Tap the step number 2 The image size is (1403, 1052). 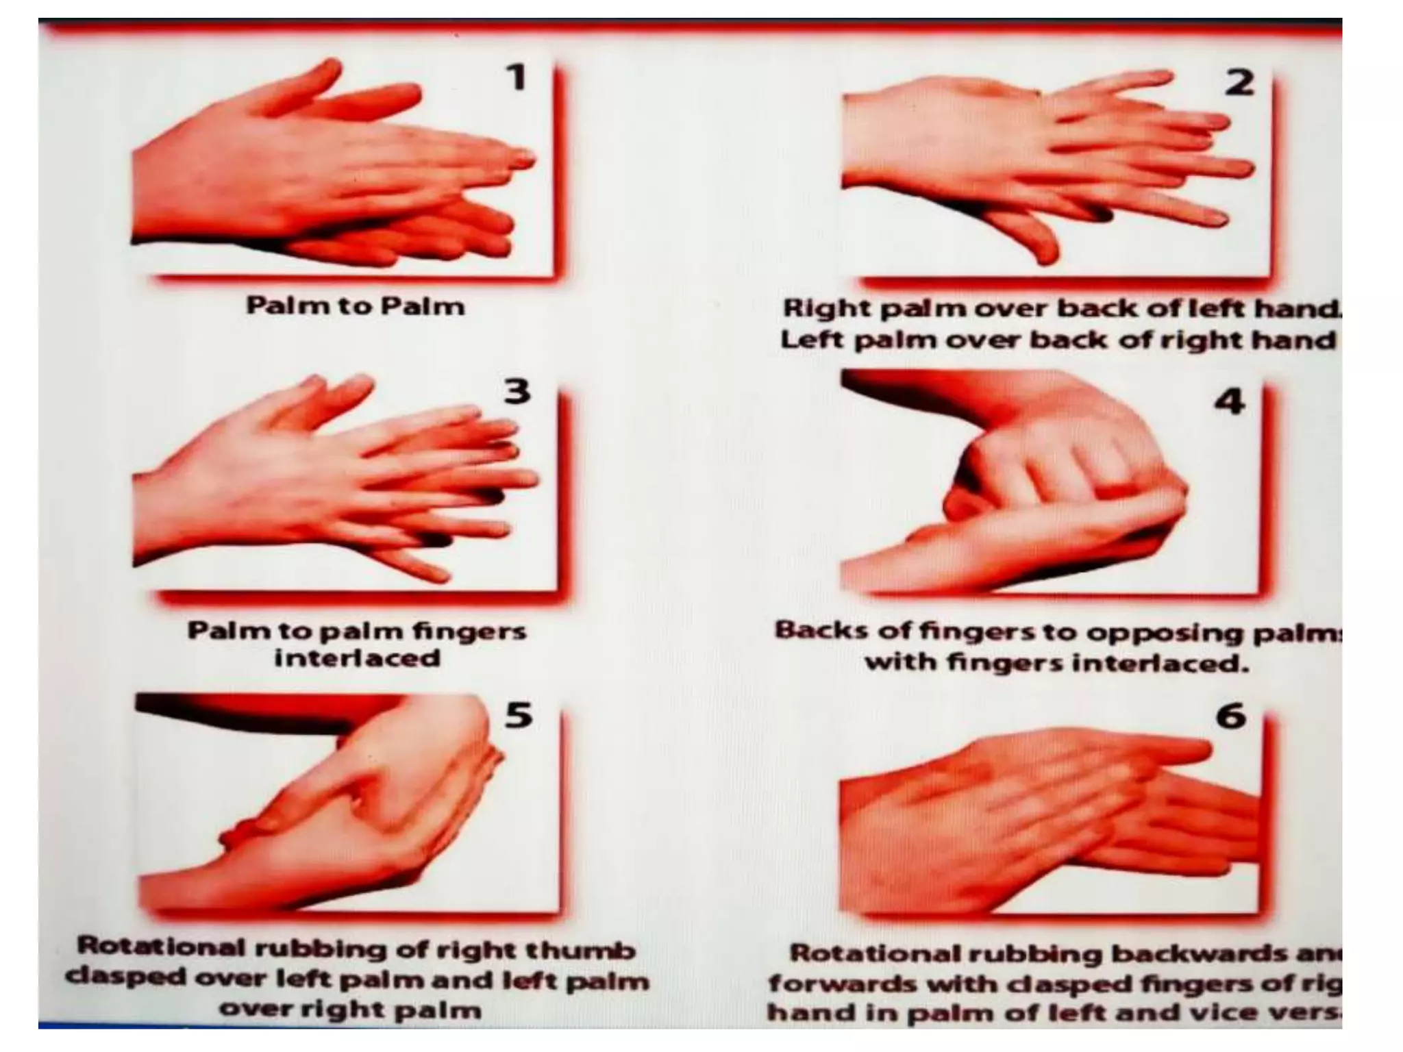pos(1239,83)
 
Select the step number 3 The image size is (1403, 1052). pos(517,391)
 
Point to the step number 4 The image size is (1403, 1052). pos(1230,401)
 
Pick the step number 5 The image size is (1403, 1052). pos(518,715)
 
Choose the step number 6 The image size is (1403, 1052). pos(1231,716)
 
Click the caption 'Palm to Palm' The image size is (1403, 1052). pos(355,306)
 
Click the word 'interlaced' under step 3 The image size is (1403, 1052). pos(357,658)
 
